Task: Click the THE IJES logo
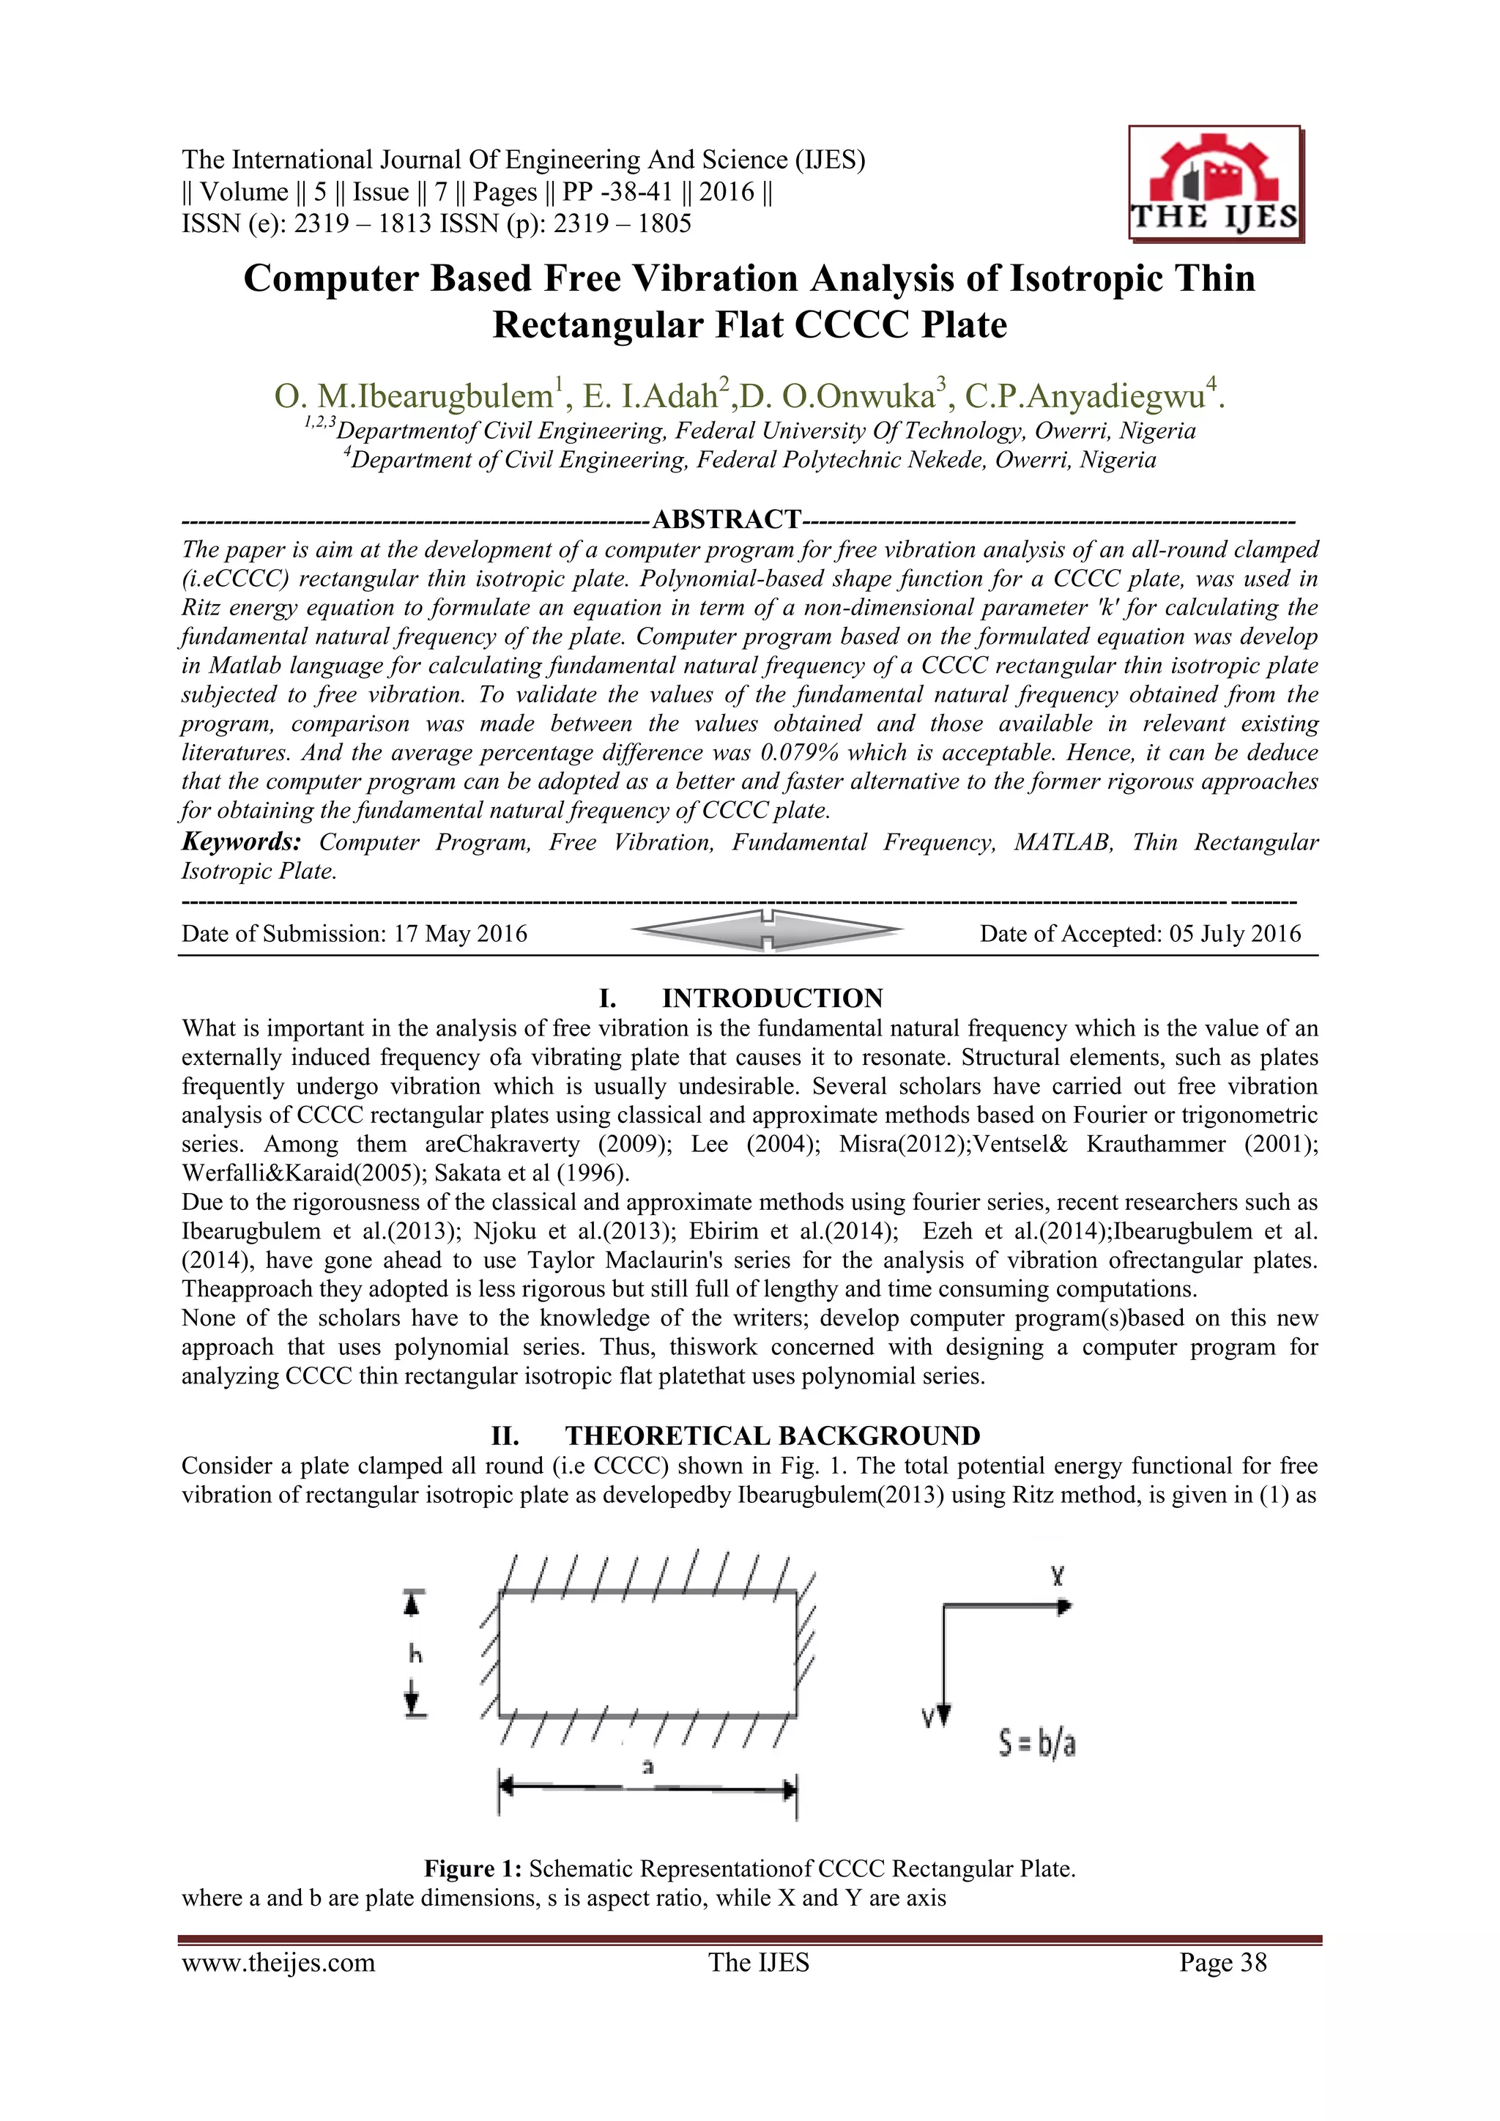tap(1214, 185)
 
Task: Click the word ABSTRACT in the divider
tap(726, 519)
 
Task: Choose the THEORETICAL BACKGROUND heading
tap(772, 1435)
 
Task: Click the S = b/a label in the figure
tap(1037, 1744)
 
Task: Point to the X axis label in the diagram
tap(1058, 1576)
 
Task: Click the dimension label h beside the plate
tap(415, 1654)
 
